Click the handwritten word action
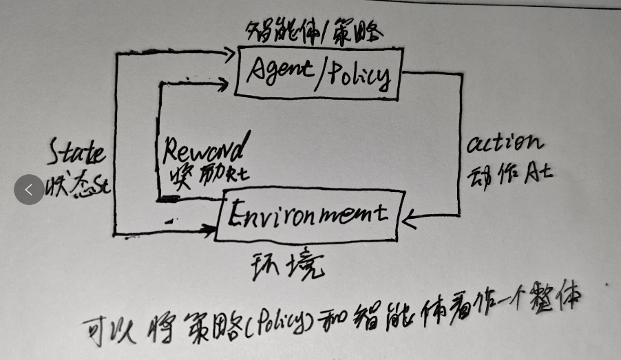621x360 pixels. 505,144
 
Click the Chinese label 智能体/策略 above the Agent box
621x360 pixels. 314,30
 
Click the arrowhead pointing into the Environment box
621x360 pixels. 408,220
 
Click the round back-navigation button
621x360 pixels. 29,189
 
